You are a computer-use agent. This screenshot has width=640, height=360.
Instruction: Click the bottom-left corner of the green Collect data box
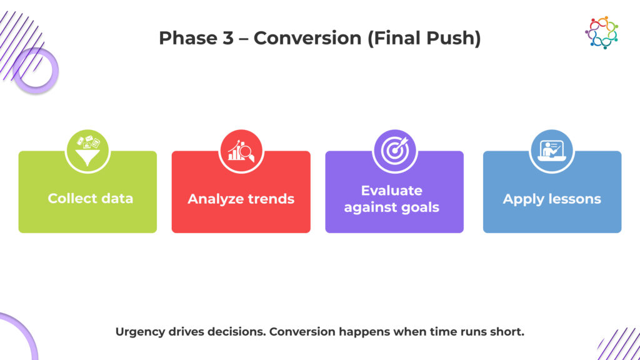[19, 232]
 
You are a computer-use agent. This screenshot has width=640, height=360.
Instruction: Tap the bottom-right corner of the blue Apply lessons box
[621, 232]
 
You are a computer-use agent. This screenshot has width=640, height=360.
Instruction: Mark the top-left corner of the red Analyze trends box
[172, 151]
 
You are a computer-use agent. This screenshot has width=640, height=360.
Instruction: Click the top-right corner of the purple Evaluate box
[463, 151]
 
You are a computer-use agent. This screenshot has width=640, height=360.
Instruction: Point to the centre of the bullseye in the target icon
[394, 151]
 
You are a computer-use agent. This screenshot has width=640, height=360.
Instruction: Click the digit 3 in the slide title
[228, 38]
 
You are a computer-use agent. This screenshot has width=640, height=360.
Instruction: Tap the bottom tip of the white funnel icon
[87, 165]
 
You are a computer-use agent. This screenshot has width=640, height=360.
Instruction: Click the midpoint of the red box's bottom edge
[241, 232]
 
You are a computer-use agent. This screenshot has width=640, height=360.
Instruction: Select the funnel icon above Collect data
[87, 151]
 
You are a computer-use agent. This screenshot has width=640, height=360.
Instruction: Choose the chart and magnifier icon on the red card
[241, 151]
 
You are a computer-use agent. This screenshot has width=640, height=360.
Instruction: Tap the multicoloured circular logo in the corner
[602, 32]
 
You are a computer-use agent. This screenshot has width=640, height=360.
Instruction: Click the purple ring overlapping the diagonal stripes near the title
[36, 70]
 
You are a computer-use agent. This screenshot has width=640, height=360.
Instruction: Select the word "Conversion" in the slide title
[307, 38]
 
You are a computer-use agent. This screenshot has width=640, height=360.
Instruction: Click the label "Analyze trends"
[241, 199]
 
